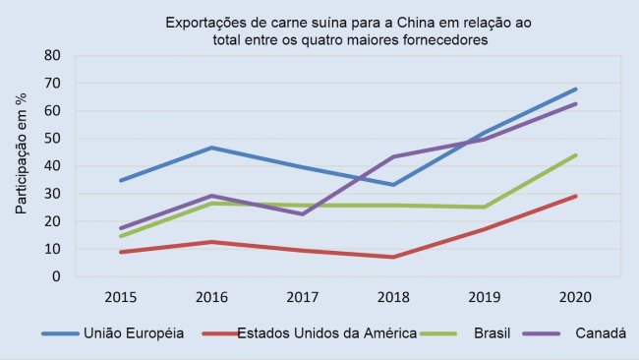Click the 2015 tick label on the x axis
(121, 295)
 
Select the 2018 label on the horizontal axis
(393, 295)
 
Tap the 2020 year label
(575, 295)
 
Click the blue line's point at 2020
(575, 89)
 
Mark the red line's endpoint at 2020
(575, 196)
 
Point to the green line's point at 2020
(575, 154)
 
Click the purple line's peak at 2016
(212, 196)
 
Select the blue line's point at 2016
(212, 148)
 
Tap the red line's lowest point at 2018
(393, 257)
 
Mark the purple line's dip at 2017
(303, 213)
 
